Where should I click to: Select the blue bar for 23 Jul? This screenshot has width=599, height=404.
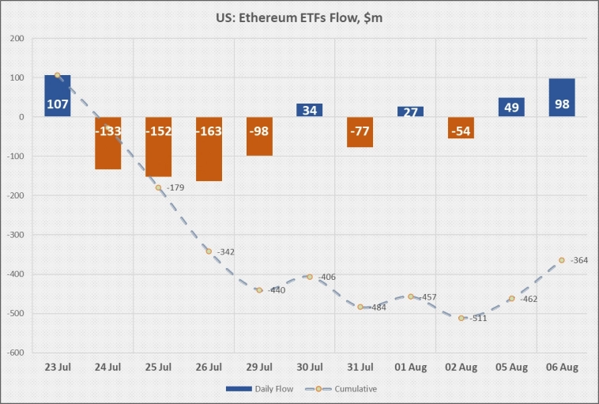tap(58, 96)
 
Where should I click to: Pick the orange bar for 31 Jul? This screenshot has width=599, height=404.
tap(360, 132)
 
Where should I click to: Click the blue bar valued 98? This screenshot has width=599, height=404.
tap(562, 97)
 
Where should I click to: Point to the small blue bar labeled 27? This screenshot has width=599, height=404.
tap(411, 111)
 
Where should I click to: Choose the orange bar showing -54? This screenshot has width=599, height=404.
tap(461, 128)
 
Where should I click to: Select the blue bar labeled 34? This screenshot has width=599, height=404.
tap(310, 110)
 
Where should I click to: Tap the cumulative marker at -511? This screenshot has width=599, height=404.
tap(461, 318)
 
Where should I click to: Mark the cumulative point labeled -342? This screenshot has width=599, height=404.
tap(209, 251)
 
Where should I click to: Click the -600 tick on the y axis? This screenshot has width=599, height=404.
tap(16, 353)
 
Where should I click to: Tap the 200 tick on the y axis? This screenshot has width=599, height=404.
tap(17, 38)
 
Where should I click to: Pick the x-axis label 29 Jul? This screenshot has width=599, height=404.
tap(259, 368)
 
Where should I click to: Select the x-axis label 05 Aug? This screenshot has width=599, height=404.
tap(511, 368)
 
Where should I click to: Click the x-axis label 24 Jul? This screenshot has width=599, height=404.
tap(107, 368)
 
